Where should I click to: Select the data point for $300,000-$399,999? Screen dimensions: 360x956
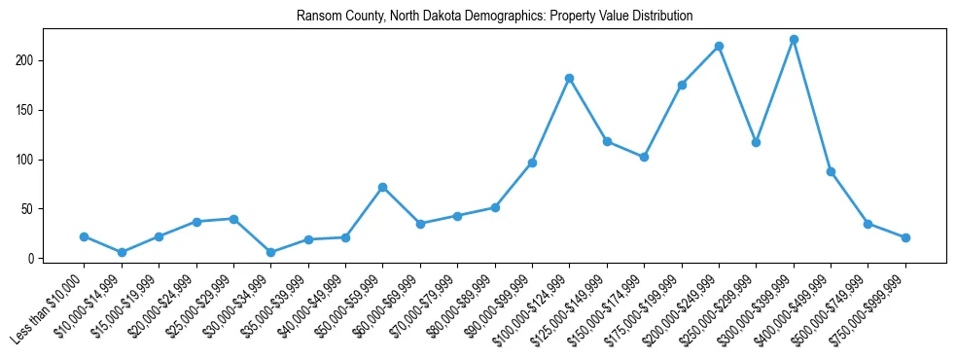(794, 40)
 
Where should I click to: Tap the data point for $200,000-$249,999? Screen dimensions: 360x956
(719, 47)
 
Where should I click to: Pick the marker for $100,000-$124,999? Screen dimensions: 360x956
(569, 78)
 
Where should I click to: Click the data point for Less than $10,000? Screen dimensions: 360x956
(85, 236)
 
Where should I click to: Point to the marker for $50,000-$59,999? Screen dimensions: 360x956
(383, 187)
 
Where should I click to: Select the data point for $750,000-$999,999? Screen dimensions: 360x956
(905, 237)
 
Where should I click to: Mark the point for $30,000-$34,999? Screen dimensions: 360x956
(271, 252)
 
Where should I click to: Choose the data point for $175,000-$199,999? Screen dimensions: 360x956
(682, 86)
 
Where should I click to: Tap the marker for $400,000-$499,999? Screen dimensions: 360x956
(831, 171)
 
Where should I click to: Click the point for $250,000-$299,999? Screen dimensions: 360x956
(756, 142)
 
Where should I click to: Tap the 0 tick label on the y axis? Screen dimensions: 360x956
(32, 259)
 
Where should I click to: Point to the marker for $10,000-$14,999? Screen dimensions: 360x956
(122, 252)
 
